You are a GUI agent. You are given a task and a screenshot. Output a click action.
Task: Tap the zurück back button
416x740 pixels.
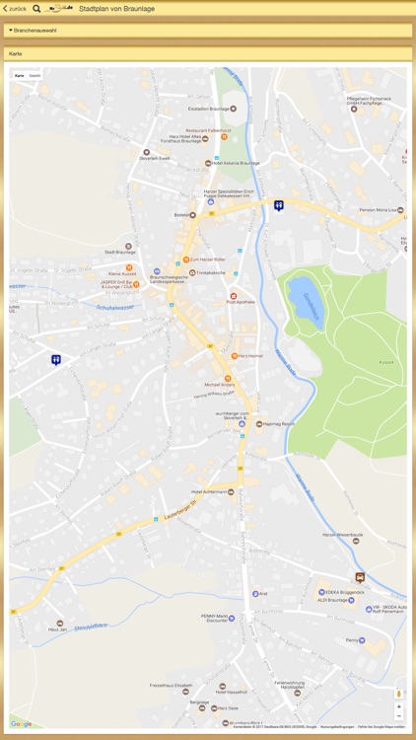pos(15,8)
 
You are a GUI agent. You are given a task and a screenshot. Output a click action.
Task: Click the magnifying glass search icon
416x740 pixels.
pos(36,8)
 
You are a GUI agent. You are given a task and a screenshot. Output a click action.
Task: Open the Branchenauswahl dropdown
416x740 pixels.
pos(35,31)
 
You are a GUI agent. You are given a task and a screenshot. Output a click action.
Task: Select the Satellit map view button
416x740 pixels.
pos(35,75)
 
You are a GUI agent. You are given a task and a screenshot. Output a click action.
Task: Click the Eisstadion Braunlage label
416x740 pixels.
pos(210,109)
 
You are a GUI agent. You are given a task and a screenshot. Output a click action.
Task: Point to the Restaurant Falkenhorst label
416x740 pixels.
pos(208,130)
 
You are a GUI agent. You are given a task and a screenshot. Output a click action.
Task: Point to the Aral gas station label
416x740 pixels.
pos(262,594)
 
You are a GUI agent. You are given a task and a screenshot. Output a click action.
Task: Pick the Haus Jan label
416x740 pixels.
pos(57,629)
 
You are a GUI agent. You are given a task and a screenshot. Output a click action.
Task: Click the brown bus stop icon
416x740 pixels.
pos(360,577)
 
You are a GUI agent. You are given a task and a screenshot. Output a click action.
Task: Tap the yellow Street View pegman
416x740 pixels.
pos(398,693)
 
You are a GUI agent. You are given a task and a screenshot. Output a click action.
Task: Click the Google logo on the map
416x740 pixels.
pos(22,723)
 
